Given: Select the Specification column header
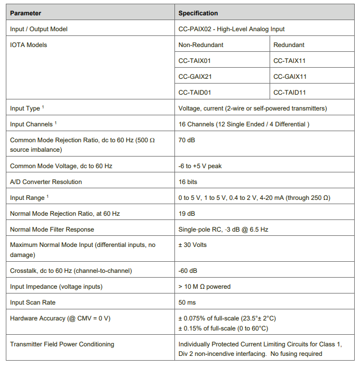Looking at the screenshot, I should (x=198, y=13).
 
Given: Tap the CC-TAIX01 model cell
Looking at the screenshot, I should (x=195, y=61).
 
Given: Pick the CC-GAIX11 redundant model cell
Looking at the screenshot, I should (x=290, y=77).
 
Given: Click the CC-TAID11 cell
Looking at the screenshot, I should (x=290, y=93).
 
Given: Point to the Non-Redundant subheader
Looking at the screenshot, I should (x=200, y=45).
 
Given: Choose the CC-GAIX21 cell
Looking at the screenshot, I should (x=195, y=77).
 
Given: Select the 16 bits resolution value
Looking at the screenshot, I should (x=188, y=182).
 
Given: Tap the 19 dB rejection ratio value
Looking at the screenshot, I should (x=187, y=214).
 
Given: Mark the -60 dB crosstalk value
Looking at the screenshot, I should (x=188, y=271).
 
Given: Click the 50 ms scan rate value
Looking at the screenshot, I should (x=187, y=302).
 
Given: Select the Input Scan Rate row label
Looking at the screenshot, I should (x=33, y=302).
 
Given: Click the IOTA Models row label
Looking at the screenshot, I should (x=29, y=45).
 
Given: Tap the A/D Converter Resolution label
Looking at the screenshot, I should (x=46, y=182).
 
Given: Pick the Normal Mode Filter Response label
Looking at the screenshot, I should (x=52, y=230).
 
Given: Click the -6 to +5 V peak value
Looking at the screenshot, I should (x=200, y=166).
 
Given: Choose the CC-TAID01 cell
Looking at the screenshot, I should (x=195, y=93).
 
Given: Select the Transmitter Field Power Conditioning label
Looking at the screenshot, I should (x=62, y=344).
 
